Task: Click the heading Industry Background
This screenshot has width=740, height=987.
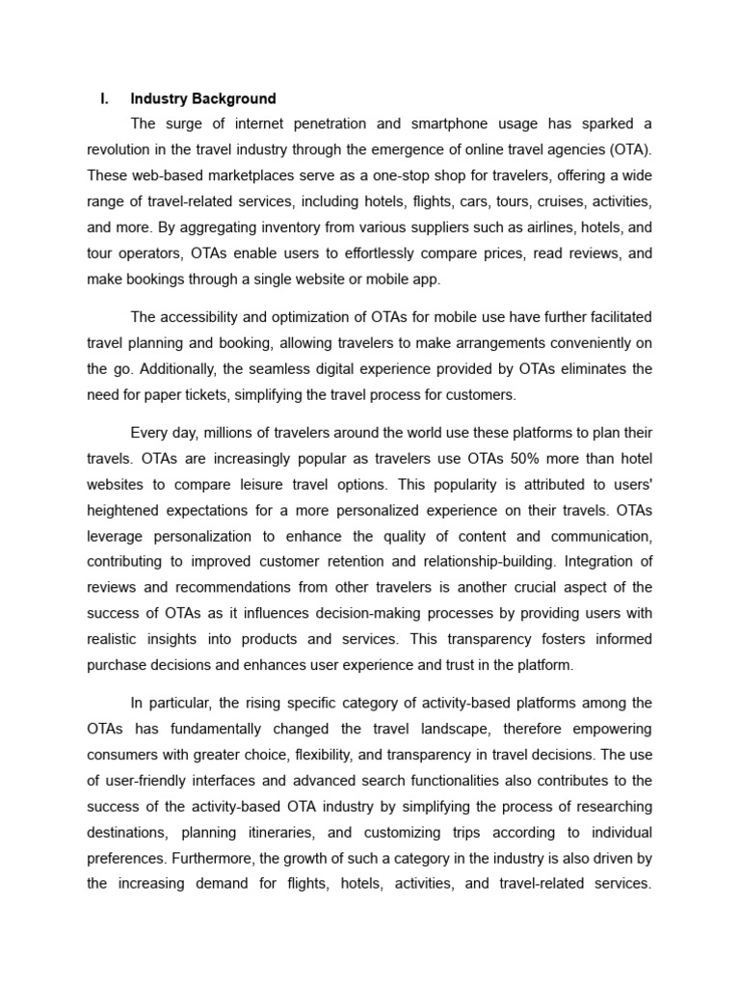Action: tap(203, 98)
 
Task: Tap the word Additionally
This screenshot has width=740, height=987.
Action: tap(154, 368)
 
